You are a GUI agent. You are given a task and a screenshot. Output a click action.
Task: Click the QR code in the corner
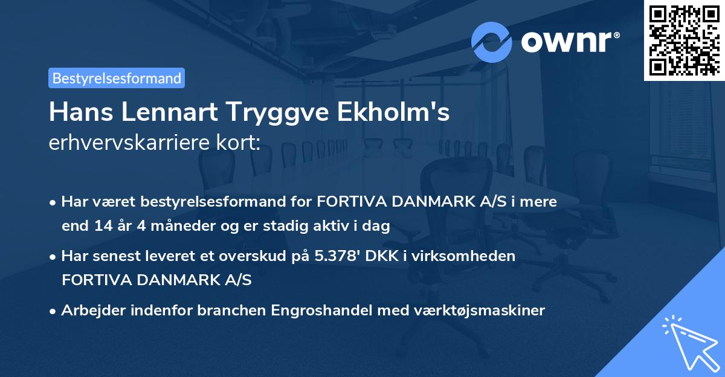point(684,40)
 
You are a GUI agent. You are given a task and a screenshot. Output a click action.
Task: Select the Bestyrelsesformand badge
point(117,78)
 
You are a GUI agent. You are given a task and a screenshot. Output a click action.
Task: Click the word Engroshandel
point(322,311)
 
